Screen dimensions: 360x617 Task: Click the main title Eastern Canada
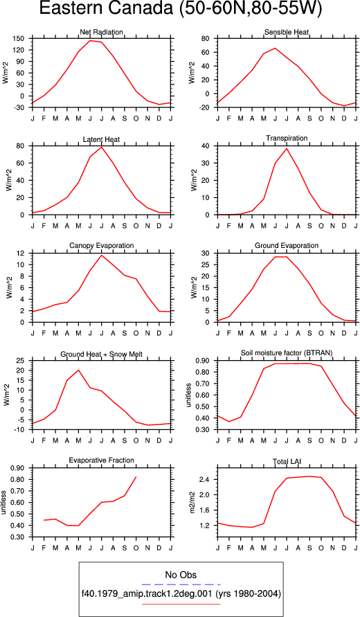(x=105, y=10)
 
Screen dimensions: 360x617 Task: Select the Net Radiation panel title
(x=102, y=32)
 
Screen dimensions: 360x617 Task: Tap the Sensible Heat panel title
(x=287, y=32)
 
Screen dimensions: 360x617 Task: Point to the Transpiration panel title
(x=287, y=138)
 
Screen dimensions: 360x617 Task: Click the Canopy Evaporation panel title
(x=102, y=246)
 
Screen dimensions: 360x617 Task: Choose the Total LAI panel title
(x=287, y=460)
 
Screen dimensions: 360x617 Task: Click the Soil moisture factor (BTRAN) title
(x=287, y=353)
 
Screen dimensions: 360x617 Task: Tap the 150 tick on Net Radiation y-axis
(x=21, y=39)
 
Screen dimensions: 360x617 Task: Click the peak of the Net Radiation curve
(x=90, y=41)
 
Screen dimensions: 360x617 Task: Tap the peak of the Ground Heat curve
(x=79, y=370)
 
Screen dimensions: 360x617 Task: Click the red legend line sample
(x=181, y=603)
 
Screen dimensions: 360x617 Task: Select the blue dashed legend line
(x=181, y=584)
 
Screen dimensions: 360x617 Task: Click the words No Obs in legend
(x=181, y=575)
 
